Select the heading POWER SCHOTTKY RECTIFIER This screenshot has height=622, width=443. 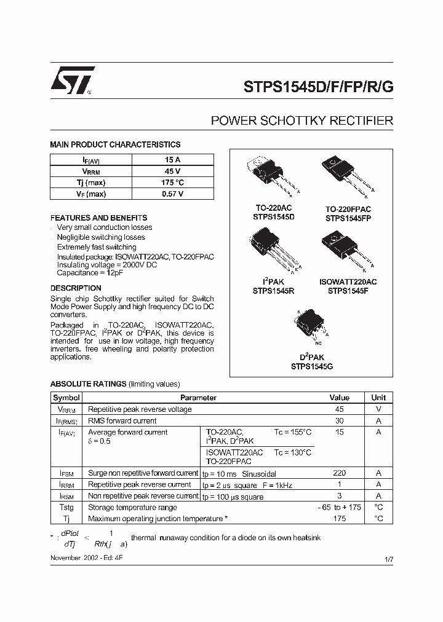coord(301,120)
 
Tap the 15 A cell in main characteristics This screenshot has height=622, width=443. coord(172,160)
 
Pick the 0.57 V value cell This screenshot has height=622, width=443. coord(172,194)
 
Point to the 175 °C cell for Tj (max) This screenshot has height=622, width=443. coord(172,183)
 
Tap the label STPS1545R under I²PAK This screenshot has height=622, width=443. coord(268,292)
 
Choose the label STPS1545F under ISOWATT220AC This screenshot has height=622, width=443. coord(348,292)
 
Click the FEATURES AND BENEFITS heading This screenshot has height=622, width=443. coord(98,218)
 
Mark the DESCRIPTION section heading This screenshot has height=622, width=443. coord(76,288)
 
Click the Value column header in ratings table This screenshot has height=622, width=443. coord(339,398)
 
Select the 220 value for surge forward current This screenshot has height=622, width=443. coord(339,473)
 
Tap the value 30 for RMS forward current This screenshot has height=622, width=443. coord(339,421)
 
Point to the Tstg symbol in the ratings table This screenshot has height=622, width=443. coord(66,508)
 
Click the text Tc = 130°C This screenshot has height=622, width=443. coord(293,452)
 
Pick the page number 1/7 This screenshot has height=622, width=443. coord(388,559)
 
